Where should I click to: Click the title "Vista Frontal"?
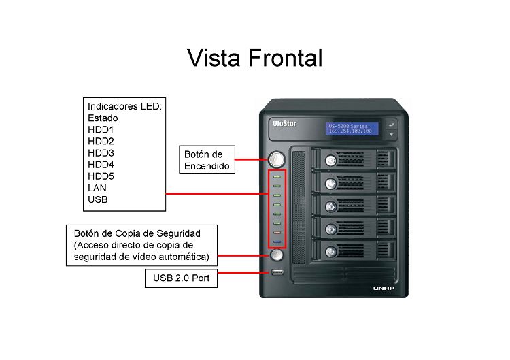click(255, 58)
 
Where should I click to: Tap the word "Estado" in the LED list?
click(103, 118)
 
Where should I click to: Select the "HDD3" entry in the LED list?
click(101, 153)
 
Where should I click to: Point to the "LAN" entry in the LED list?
click(97, 188)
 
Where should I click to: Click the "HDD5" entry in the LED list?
click(101, 176)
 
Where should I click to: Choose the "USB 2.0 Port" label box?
click(181, 278)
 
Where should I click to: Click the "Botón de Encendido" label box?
click(207, 159)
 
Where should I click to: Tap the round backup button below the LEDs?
click(277, 255)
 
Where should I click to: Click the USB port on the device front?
click(277, 272)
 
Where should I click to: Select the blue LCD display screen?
click(352, 129)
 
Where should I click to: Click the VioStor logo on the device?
click(285, 123)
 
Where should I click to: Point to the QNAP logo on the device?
click(384, 288)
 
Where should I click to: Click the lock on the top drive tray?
click(330, 161)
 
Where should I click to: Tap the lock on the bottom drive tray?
click(330, 252)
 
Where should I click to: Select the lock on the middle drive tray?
click(330, 206)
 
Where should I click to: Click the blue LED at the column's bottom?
click(277, 242)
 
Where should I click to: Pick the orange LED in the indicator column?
click(277, 233)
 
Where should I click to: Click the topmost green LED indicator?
click(277, 176)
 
